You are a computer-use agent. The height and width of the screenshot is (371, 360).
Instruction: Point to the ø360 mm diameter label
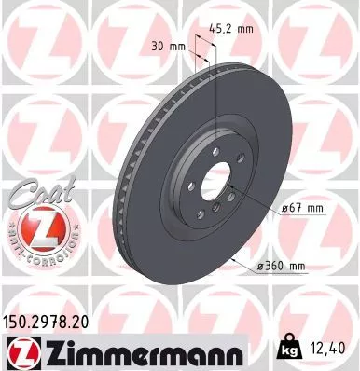point(282,267)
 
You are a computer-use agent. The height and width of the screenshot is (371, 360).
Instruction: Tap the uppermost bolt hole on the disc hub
point(215,148)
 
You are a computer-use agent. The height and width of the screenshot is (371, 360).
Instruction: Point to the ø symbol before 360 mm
point(260,267)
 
